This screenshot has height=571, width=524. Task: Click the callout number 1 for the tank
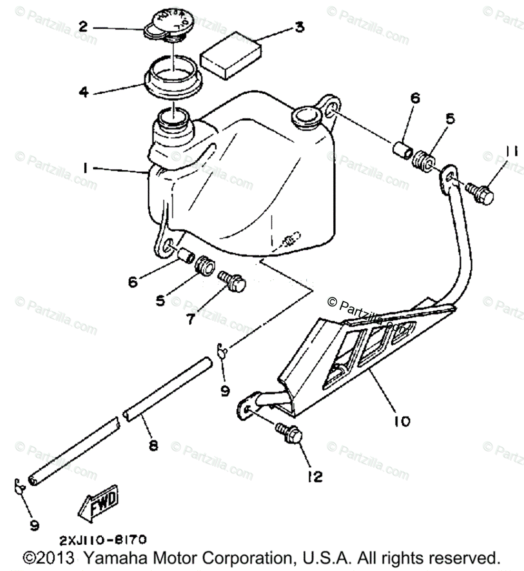[x=85, y=167]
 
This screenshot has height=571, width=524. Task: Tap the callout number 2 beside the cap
[x=83, y=27]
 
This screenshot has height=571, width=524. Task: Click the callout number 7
[x=190, y=318]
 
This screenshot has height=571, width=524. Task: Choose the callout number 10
[x=402, y=421]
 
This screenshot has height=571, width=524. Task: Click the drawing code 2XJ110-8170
[x=103, y=540]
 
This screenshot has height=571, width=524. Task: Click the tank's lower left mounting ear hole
[x=167, y=246]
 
